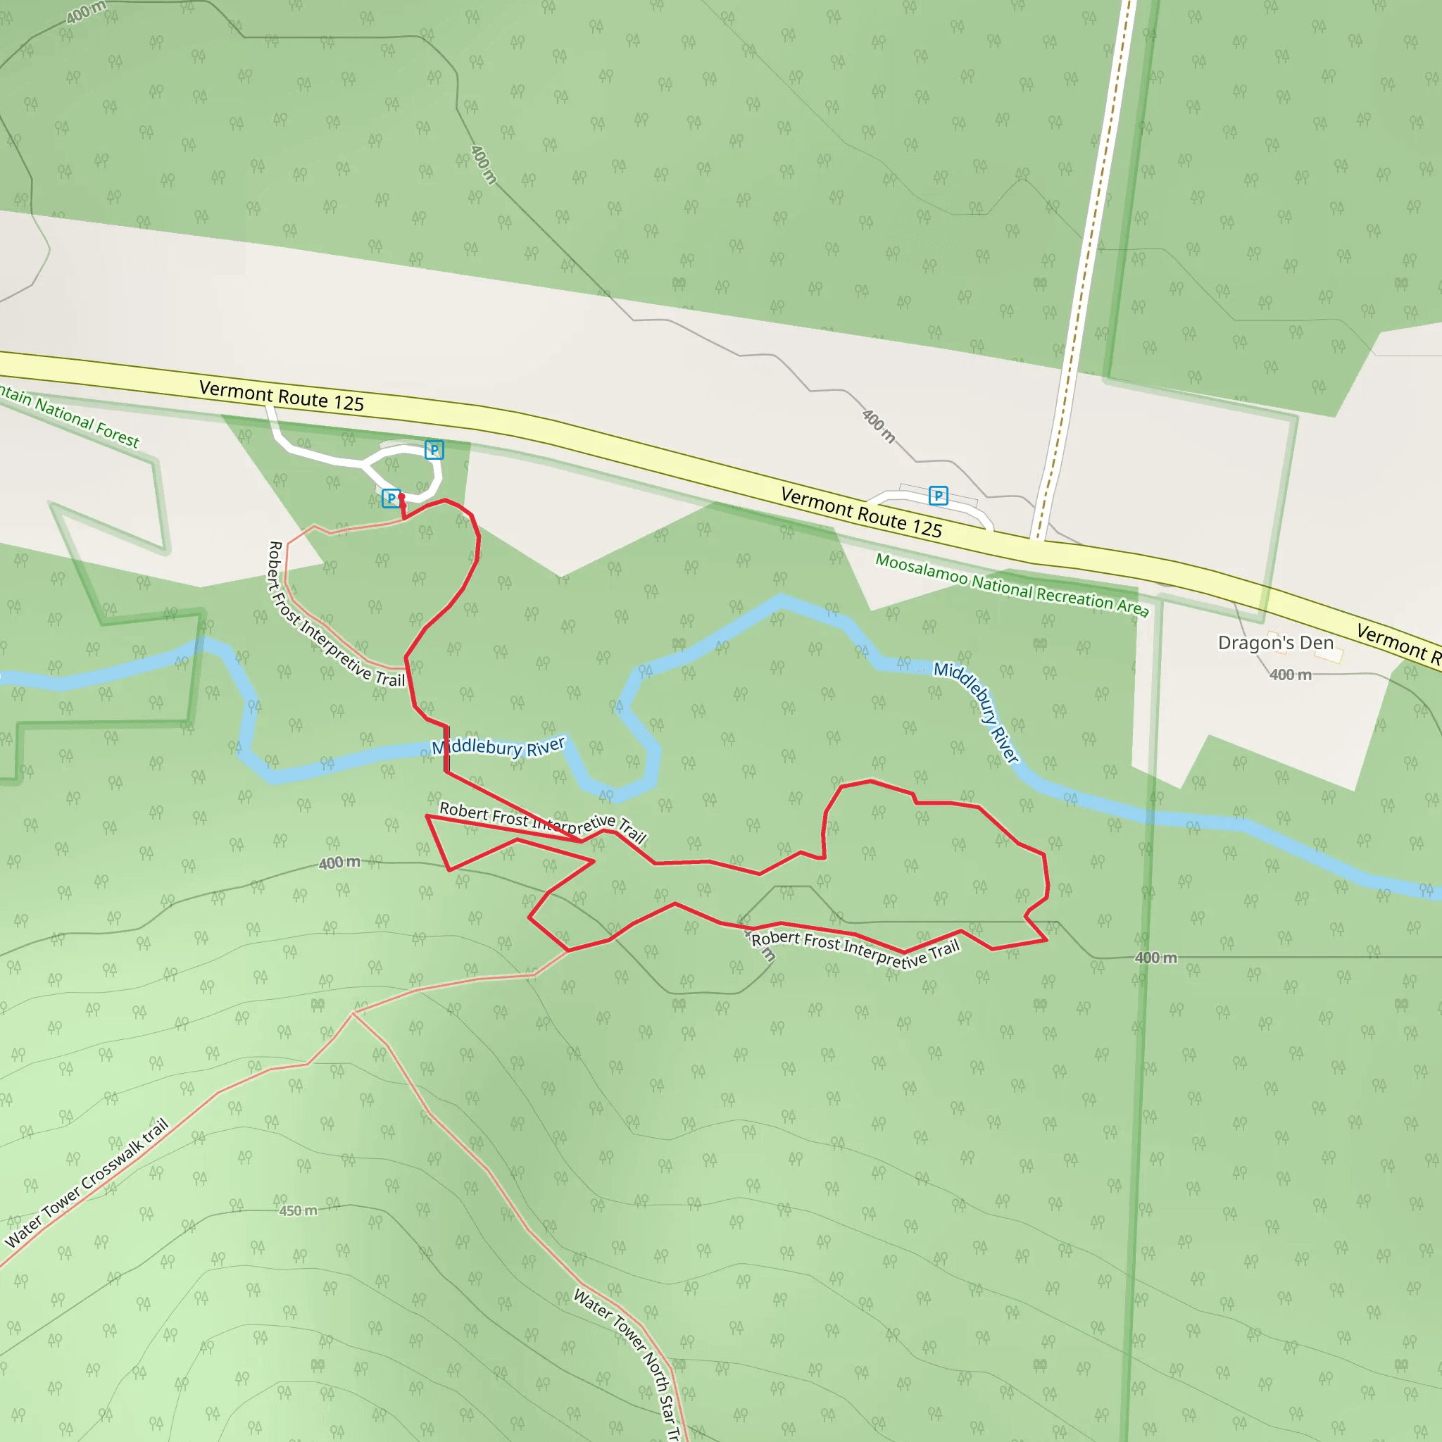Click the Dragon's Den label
pyautogui.click(x=1275, y=643)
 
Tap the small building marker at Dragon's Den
pyautogui.click(x=1329, y=655)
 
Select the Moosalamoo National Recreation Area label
pyautogui.click(x=1011, y=585)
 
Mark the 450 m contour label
pyautogui.click(x=298, y=1210)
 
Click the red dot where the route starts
pyautogui.click(x=401, y=496)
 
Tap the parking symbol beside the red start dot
pyautogui.click(x=390, y=498)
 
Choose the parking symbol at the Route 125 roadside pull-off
pyautogui.click(x=938, y=495)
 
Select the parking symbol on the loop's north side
pyautogui.click(x=434, y=449)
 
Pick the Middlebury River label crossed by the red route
pyautogui.click(x=499, y=746)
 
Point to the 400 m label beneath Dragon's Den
pyautogui.click(x=1290, y=675)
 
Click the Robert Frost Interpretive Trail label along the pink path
pyautogui.click(x=335, y=615)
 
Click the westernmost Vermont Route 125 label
pyautogui.click(x=282, y=396)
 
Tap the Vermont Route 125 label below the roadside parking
pyautogui.click(x=860, y=512)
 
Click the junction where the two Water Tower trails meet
pyautogui.click(x=352, y=1014)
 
